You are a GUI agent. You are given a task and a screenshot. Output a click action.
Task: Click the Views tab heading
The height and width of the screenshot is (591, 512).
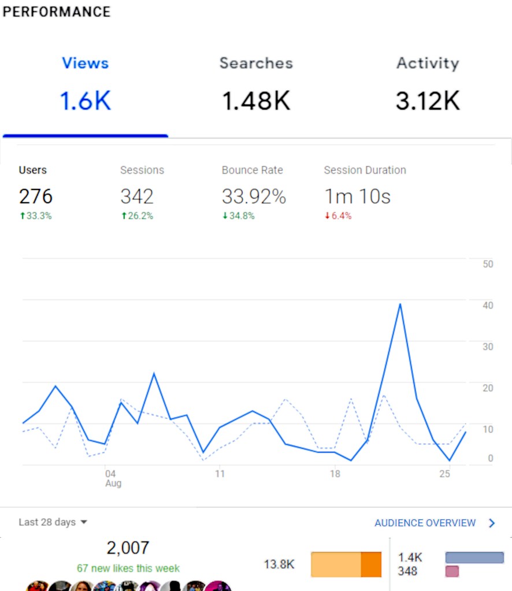(x=85, y=63)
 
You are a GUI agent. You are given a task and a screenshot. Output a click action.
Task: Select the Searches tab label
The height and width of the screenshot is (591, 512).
(x=256, y=63)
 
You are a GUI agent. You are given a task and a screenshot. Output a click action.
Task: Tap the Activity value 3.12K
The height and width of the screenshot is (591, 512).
(x=428, y=101)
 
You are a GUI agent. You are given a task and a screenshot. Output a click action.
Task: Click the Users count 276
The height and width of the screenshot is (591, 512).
(x=36, y=196)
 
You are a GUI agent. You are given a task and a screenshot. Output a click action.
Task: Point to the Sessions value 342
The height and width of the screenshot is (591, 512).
(x=137, y=196)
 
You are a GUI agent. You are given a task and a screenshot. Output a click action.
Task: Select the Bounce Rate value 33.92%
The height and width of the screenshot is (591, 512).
(x=254, y=196)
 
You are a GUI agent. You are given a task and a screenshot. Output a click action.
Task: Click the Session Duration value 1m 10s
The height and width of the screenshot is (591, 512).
(x=357, y=196)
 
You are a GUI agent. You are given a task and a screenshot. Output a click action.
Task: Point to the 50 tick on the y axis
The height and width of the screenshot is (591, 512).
(x=488, y=264)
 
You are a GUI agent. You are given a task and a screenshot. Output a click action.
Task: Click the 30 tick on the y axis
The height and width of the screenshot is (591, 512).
(x=488, y=347)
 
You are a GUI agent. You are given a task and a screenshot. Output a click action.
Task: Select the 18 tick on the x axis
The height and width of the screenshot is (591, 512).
(x=335, y=474)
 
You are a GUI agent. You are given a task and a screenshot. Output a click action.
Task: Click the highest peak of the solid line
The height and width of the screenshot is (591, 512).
(x=400, y=304)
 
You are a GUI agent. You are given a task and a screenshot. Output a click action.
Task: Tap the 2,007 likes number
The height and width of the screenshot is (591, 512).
(x=128, y=548)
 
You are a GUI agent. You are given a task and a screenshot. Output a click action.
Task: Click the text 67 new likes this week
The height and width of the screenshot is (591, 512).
(x=128, y=568)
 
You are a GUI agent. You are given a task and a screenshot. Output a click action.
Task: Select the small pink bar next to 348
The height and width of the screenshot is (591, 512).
(x=452, y=571)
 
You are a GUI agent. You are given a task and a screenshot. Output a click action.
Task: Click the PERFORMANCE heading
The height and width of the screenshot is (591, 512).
(x=57, y=12)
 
